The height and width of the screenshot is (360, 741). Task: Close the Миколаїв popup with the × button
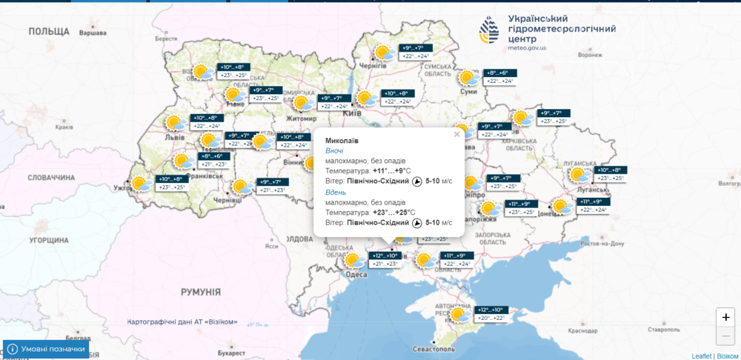456,134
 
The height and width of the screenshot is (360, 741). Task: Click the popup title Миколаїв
342,140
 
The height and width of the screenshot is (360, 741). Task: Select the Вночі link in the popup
335,150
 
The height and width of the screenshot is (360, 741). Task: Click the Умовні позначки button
46,349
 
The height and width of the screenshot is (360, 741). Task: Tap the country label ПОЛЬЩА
49,31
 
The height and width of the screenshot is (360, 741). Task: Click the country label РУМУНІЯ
201,292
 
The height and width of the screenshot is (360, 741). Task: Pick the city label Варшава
93,34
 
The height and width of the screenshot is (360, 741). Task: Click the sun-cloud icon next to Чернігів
384,53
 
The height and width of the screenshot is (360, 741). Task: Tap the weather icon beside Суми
468,78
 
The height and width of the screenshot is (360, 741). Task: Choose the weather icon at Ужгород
139,183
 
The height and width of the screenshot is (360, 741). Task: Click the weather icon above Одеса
353,260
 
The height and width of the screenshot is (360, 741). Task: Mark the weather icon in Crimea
458,314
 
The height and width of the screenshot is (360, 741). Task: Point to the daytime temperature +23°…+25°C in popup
393,213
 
